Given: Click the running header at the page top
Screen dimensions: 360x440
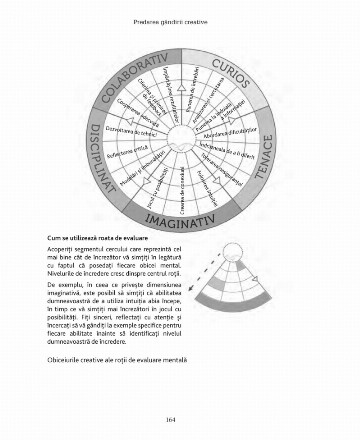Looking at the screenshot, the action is [x=180, y=11].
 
